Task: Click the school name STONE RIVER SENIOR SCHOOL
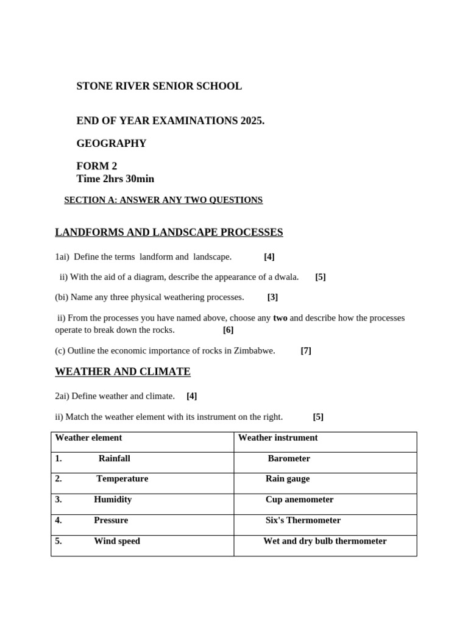click(x=158, y=87)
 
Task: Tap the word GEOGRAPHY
click(x=111, y=144)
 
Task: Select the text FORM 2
click(x=96, y=166)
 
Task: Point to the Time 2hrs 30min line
click(x=115, y=179)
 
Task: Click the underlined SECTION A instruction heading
click(x=163, y=200)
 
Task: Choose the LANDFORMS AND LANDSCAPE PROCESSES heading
click(x=169, y=232)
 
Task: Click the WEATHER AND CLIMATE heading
click(x=122, y=372)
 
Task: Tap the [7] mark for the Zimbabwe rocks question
click(x=306, y=351)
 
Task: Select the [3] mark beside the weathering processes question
click(x=272, y=297)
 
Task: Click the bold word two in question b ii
click(x=280, y=318)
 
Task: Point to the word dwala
click(x=285, y=277)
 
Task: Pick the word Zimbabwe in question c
click(x=253, y=351)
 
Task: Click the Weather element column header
click(x=88, y=438)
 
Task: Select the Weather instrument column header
click(x=278, y=438)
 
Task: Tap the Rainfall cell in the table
click(x=114, y=458)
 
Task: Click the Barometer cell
click(x=289, y=458)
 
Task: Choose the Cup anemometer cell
click(x=299, y=500)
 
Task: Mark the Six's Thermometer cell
click(x=303, y=520)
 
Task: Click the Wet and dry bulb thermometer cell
click(x=325, y=541)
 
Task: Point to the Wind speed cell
click(x=116, y=541)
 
